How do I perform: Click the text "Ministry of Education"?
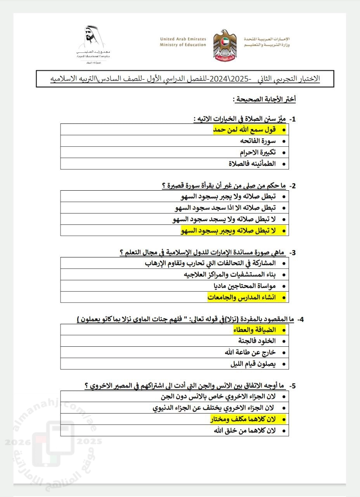pos(183,45)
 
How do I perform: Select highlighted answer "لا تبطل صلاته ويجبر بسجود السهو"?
pos(228,231)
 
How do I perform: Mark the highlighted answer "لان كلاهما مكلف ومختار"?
pos(242,419)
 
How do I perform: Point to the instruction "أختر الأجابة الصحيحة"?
pos(265,99)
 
